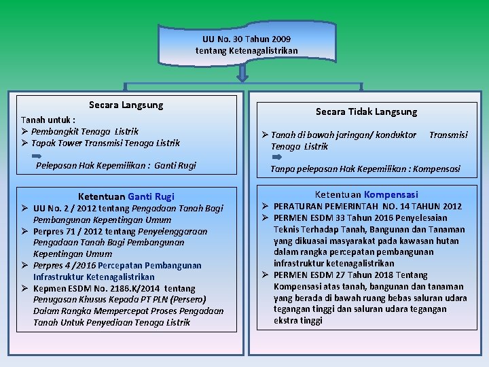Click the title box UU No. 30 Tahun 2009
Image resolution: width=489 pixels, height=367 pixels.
246,45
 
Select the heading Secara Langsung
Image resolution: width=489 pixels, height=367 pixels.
126,105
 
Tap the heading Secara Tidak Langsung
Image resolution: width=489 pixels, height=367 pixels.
366,111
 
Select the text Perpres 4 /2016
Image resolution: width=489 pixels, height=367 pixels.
64,265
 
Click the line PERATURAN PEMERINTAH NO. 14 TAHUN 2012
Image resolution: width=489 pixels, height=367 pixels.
367,206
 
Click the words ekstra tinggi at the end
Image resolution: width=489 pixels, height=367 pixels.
297,321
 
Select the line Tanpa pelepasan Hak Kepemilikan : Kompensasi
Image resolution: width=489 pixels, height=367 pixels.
365,169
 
